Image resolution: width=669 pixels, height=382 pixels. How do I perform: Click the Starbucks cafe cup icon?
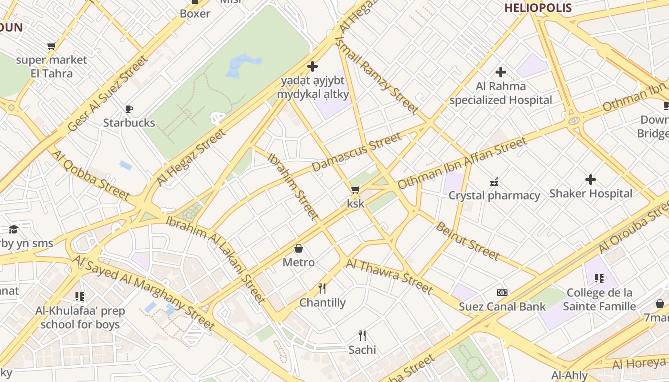(129, 109)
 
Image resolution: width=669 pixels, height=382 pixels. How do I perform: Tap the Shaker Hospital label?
(591, 193)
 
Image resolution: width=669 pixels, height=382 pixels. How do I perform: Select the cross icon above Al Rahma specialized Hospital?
(500, 72)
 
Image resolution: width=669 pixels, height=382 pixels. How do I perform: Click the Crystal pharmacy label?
(494, 195)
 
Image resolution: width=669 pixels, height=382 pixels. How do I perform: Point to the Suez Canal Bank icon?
(502, 293)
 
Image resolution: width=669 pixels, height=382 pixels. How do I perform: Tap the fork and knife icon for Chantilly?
(322, 288)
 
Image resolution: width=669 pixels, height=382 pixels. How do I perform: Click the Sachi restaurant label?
(362, 350)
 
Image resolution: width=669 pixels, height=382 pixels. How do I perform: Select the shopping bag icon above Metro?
(299, 248)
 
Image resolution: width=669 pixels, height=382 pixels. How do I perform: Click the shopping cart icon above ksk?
(355, 190)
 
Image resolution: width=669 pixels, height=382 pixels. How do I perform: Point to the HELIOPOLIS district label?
(538, 8)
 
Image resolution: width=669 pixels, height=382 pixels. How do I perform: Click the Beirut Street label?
(467, 241)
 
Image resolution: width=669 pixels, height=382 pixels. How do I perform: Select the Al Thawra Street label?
(389, 276)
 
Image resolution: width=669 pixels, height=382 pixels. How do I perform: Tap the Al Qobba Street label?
(90, 175)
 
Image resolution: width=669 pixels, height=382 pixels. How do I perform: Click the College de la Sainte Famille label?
(599, 299)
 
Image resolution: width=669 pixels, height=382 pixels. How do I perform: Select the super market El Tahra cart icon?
(51, 46)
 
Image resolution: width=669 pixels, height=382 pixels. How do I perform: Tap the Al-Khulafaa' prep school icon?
(79, 297)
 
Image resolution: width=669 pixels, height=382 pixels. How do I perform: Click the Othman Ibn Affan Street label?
(462, 162)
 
